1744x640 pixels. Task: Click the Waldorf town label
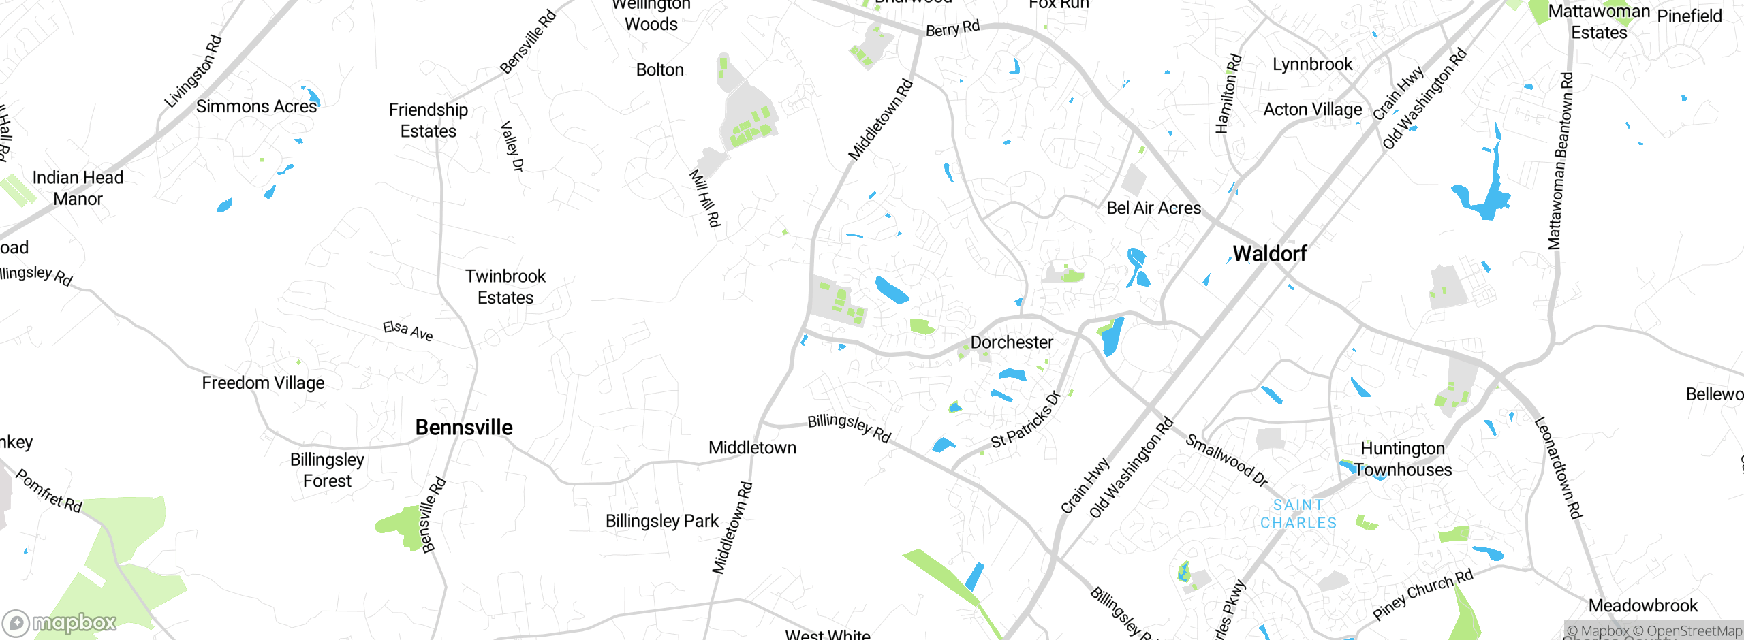[1269, 254]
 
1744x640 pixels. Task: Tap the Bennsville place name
[464, 428]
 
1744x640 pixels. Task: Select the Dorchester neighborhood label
[1012, 342]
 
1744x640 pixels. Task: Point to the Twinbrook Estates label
[505, 287]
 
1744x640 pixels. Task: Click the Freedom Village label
[263, 383]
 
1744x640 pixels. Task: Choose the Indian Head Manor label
[78, 188]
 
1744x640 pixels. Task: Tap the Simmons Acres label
[256, 107]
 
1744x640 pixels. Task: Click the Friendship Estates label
[429, 121]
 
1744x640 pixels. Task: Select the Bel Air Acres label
[1153, 208]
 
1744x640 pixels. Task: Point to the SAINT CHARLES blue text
[1298, 514]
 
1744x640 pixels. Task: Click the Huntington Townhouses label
[1403, 459]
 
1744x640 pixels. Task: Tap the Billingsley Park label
[661, 522]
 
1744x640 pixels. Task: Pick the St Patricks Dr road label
[1026, 419]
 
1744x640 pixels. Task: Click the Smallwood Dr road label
[1226, 461]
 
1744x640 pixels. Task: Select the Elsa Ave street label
[407, 330]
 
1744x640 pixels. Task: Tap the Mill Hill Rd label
[704, 198]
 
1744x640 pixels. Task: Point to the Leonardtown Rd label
[1558, 468]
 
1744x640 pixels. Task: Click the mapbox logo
[60, 622]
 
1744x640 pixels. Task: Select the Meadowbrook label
[1642, 605]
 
